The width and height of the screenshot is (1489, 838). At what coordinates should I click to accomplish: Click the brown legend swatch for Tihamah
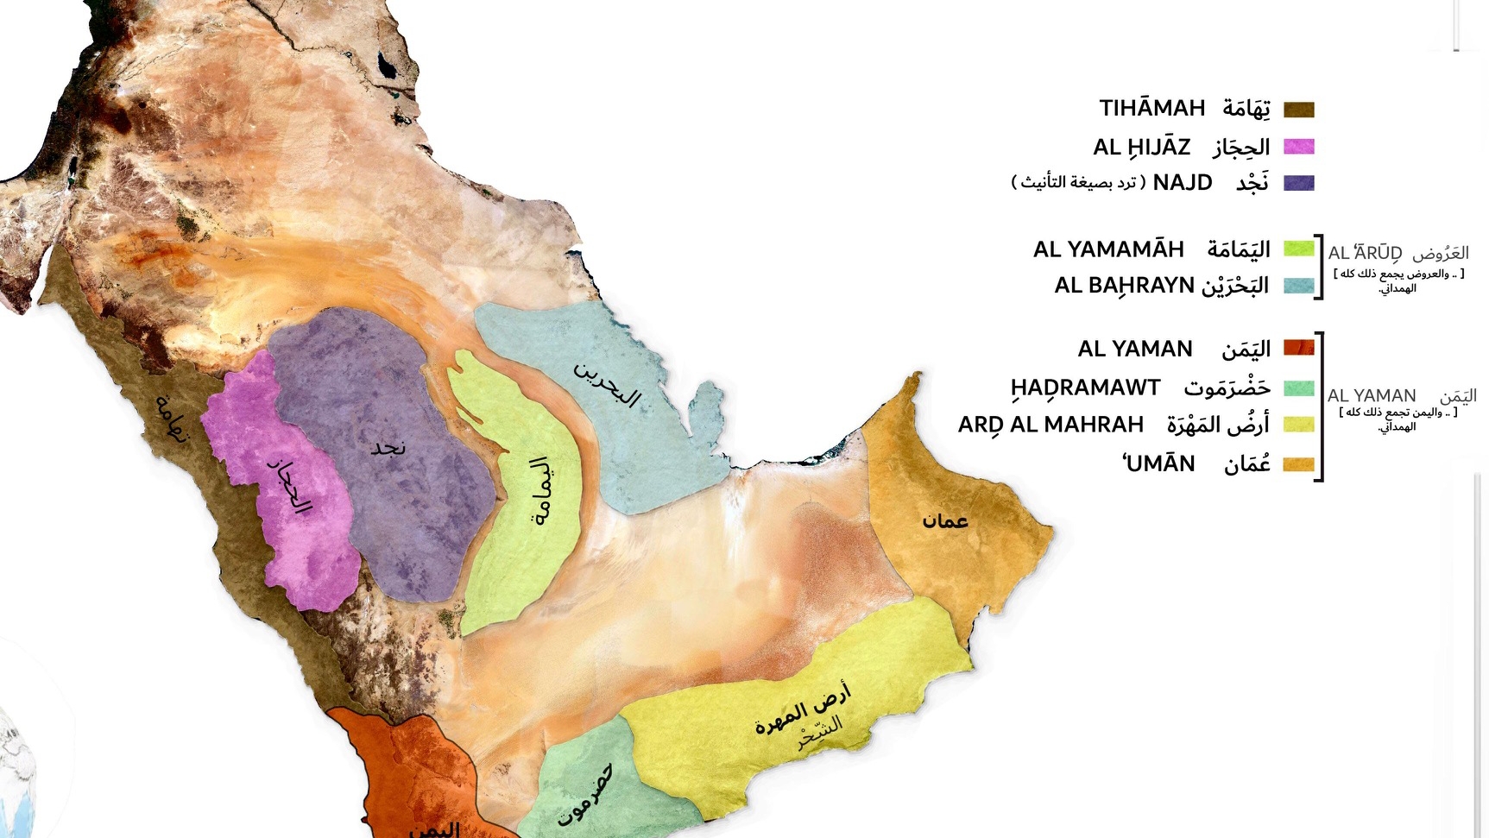click(x=1298, y=110)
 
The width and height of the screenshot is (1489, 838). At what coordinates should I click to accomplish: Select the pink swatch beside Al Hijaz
click(x=1298, y=147)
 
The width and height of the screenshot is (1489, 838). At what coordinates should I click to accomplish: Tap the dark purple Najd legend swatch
click(x=1298, y=183)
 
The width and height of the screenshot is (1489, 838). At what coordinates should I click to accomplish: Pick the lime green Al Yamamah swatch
click(x=1298, y=249)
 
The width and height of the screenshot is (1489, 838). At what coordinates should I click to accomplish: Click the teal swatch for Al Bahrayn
click(x=1298, y=286)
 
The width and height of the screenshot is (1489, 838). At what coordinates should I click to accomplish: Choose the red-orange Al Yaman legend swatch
click(x=1298, y=348)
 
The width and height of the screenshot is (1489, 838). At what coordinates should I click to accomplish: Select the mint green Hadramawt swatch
click(x=1298, y=388)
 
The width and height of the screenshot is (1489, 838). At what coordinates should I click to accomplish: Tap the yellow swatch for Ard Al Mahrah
click(x=1298, y=425)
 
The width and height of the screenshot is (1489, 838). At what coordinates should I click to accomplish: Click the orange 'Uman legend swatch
click(x=1298, y=464)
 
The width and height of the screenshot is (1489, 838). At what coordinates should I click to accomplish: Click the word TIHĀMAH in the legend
click(x=1151, y=109)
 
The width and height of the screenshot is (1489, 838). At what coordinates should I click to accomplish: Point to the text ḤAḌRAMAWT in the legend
click(x=1085, y=388)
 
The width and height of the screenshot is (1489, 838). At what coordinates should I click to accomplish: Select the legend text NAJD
click(x=1182, y=183)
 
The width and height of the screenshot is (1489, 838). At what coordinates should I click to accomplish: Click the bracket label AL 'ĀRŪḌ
click(x=1364, y=253)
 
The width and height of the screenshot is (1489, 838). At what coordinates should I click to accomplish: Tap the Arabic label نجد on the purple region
click(x=388, y=447)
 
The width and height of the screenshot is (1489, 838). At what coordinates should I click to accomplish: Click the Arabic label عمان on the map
click(x=944, y=520)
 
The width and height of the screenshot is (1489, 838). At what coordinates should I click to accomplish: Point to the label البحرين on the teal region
click(x=608, y=385)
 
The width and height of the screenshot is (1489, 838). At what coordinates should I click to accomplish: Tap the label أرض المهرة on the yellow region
click(x=803, y=707)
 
